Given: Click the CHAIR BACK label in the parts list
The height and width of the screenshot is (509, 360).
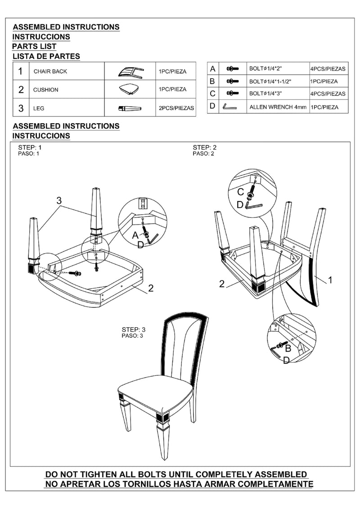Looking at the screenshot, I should click(50, 72).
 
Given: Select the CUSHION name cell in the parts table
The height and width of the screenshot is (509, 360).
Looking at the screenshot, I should click(45, 90).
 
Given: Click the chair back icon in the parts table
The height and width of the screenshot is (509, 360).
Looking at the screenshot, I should click(131, 71).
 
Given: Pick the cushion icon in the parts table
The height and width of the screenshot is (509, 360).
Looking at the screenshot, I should click(130, 89).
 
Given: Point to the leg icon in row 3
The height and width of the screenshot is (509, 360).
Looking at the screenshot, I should click(130, 108).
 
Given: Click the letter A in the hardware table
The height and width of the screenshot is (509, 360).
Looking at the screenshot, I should click(213, 69).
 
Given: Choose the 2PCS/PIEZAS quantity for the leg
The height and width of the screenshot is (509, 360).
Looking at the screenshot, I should click(176, 108).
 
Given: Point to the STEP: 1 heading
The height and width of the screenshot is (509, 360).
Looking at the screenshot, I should click(30, 148).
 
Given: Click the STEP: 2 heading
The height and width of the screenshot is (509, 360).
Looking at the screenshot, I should click(205, 148).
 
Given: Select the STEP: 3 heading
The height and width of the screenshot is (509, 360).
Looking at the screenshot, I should click(134, 329).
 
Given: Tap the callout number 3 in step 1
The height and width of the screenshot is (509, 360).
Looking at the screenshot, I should click(58, 200).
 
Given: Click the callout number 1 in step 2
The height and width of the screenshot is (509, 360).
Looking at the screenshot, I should click(330, 280).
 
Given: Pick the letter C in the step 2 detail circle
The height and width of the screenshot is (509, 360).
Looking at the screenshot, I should click(241, 192).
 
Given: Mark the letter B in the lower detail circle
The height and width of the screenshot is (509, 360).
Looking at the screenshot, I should click(288, 348).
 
